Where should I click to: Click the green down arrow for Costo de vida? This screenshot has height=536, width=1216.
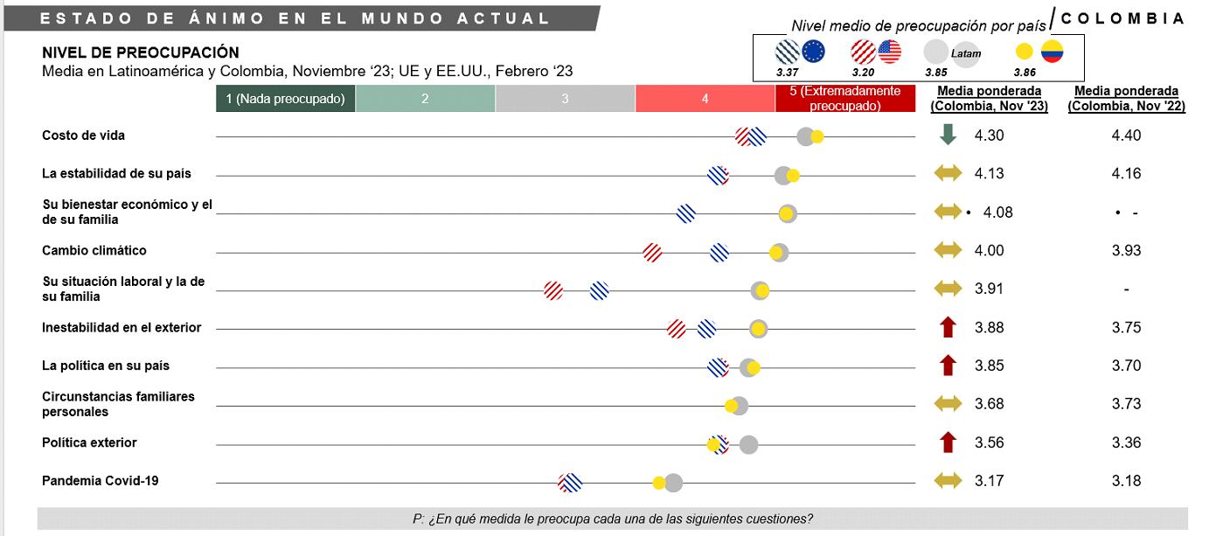pos(948,136)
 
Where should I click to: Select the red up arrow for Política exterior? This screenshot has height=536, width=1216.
pos(948,442)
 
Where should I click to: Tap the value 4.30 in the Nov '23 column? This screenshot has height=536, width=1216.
pos(989,136)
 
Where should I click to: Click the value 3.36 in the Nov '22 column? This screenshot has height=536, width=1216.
pos(1126,442)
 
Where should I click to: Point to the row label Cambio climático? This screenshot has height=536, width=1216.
pos(94,251)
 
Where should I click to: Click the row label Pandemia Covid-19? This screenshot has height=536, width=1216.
pos(100,481)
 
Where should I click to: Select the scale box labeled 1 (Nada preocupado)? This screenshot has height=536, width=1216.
pos(286,99)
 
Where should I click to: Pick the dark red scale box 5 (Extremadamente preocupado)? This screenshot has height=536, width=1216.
pos(844,99)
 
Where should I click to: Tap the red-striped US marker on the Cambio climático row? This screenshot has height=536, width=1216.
pos(652,253)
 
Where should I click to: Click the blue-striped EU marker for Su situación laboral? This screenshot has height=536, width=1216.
pos(600,290)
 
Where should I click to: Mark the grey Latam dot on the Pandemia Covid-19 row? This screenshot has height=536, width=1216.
pos(674,483)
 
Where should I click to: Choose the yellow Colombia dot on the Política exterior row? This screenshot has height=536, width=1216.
pos(714,445)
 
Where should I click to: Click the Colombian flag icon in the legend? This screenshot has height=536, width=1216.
pos(1052,52)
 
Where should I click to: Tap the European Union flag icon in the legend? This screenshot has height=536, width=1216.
pos(813,52)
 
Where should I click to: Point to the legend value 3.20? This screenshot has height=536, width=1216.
pos(863,73)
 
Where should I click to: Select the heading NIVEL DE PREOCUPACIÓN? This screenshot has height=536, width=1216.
pos(141,53)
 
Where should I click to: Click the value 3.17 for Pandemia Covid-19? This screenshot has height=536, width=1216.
pos(989,481)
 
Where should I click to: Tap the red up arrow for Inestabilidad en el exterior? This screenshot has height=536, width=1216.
pos(948,328)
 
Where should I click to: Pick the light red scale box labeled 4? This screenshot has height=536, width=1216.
pos(705,99)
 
